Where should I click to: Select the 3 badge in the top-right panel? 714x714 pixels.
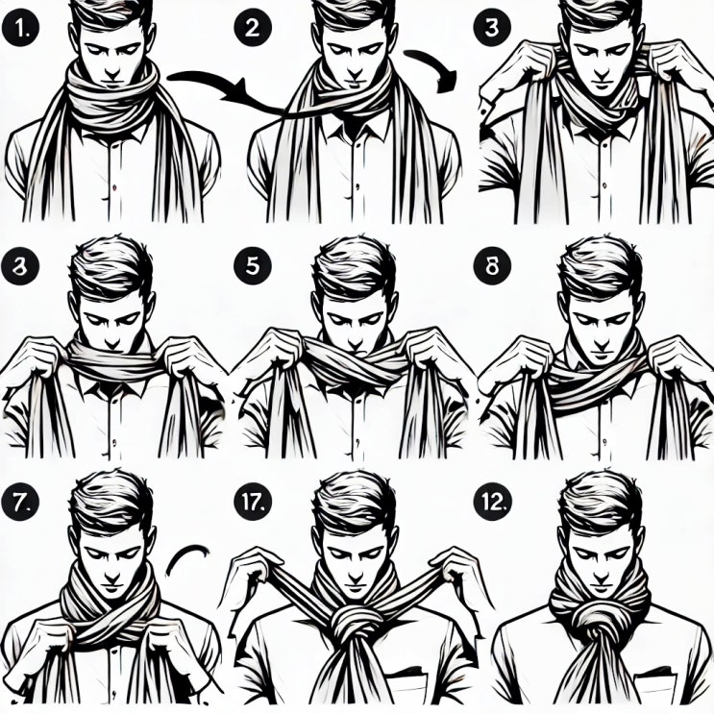click(x=492, y=27)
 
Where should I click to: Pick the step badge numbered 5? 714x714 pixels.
click(x=253, y=266)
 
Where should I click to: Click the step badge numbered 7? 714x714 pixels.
click(x=20, y=502)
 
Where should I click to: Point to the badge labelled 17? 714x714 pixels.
click(x=253, y=502)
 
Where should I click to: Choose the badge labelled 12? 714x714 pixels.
click(x=492, y=502)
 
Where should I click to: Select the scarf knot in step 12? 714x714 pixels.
click(x=599, y=627)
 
